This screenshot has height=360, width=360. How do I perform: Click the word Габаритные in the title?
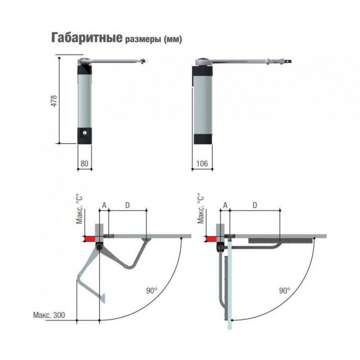tap(87, 37)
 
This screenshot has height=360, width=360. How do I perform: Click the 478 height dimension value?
tap(54, 100)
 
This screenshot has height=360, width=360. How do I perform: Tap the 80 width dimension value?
tap(84, 163)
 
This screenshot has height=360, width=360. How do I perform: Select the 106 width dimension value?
tap(202, 163)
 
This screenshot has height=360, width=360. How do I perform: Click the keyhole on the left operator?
tap(84, 132)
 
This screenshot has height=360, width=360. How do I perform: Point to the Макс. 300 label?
tap(49, 315)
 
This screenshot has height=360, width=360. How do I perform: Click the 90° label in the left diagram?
tap(152, 291)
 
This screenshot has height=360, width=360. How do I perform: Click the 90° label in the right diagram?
tap(285, 291)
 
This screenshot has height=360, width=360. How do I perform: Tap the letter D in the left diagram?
tap(127, 205)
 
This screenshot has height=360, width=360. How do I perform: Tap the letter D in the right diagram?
tap(255, 205)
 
